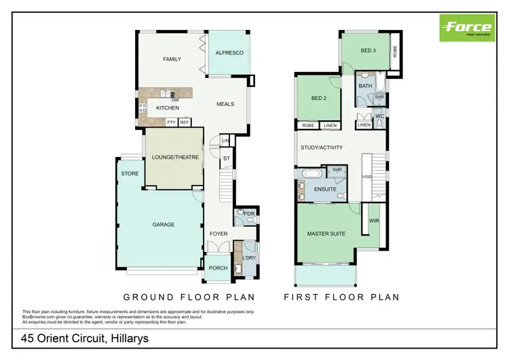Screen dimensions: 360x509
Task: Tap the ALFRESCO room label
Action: [x=229, y=53]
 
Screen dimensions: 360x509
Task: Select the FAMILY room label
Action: [x=172, y=60]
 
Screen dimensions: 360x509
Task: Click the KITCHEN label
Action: [x=168, y=109]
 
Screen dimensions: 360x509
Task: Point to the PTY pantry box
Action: [x=171, y=122]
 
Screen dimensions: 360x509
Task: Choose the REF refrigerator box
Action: [x=184, y=122]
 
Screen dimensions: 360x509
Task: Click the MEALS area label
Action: [x=225, y=105]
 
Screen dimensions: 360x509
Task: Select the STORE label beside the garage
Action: [x=130, y=174]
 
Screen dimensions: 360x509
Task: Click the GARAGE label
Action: [x=163, y=225]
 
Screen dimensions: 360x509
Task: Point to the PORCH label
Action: [x=218, y=268]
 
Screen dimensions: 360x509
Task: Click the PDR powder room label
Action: [x=248, y=214]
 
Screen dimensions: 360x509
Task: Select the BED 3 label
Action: [x=367, y=51]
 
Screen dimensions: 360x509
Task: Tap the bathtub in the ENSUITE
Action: [x=313, y=174]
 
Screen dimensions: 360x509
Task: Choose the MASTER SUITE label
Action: [x=326, y=234]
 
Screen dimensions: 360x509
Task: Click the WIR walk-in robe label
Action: [x=374, y=221]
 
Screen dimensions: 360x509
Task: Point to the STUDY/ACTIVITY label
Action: [x=322, y=147]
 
